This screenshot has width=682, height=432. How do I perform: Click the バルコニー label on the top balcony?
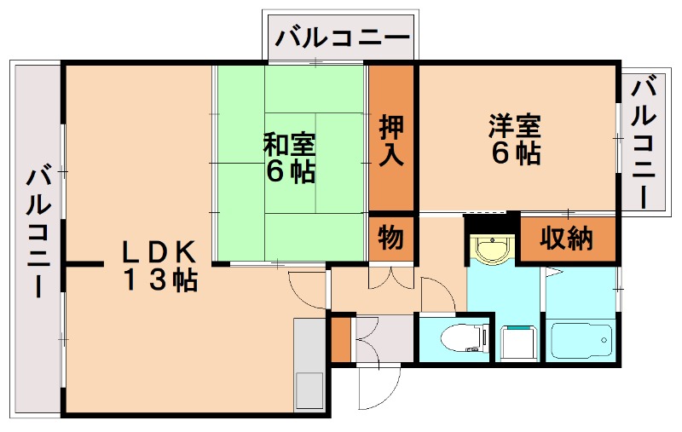(343, 38)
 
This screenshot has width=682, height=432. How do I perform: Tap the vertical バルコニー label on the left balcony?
(38, 231)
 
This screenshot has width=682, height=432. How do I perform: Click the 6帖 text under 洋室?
(515, 153)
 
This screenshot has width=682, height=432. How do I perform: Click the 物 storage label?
(391, 238)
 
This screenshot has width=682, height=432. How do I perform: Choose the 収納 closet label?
(567, 239)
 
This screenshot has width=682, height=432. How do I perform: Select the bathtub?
(581, 341)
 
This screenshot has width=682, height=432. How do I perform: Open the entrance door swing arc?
(373, 388)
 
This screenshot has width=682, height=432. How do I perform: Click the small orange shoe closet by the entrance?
(340, 339)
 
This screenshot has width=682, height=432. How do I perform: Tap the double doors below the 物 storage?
(391, 277)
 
